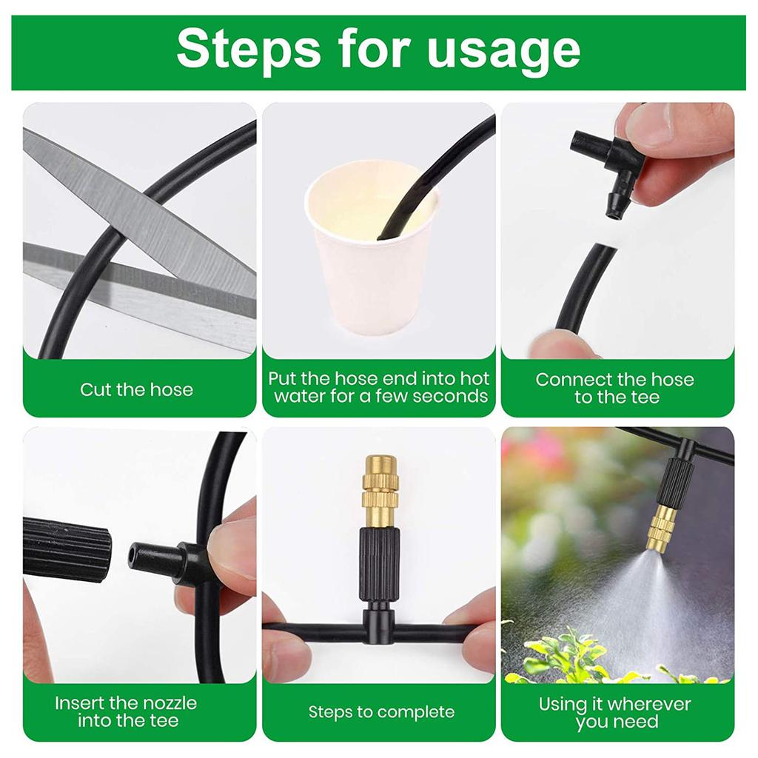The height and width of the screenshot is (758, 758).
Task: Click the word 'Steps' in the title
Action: [246, 50]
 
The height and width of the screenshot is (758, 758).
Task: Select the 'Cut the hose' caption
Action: [137, 389]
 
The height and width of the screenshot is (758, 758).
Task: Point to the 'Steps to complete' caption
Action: [381, 712]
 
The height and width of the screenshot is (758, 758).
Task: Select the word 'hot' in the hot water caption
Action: [475, 379]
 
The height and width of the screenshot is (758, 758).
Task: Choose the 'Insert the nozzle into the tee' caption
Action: [127, 711]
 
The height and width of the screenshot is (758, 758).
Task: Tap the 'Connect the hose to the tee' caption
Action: [614, 389]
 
